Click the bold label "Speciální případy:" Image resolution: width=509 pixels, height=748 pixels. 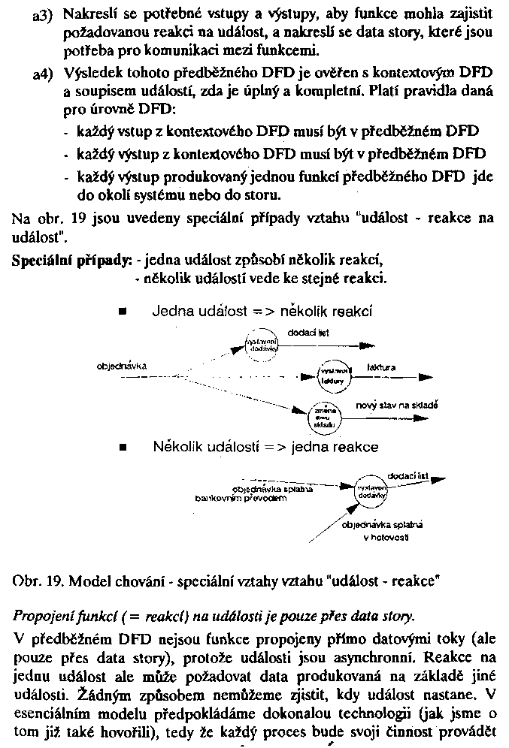point(71,260)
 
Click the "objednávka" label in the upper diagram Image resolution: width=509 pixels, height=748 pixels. point(121,366)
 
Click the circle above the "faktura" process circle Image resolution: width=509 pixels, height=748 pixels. point(261,345)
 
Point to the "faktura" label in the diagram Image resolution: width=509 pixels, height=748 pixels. point(380,367)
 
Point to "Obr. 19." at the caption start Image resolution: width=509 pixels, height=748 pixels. point(34,582)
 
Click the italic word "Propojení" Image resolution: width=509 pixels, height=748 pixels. point(41,617)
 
